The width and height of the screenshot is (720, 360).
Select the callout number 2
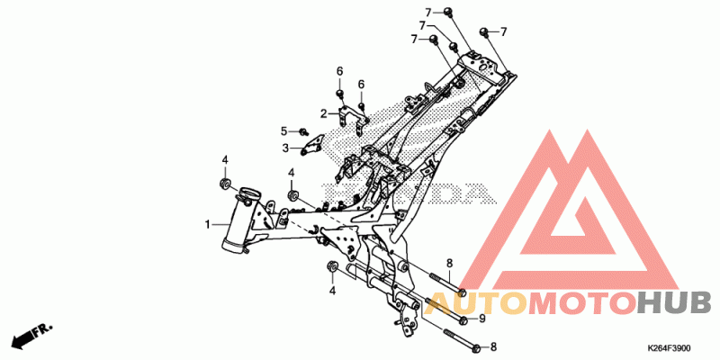(x=323, y=114)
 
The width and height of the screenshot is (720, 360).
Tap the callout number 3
(x=284, y=148)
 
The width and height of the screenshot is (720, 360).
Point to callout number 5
(x=283, y=131)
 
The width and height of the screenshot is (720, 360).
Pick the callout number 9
(x=481, y=319)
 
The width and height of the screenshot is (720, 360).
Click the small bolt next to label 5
(x=304, y=132)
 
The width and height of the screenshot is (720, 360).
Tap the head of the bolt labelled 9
(x=462, y=319)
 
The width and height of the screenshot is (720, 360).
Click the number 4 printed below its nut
(x=332, y=291)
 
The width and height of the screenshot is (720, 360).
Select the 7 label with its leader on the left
(x=504, y=32)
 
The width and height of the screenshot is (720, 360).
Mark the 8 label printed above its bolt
(x=449, y=262)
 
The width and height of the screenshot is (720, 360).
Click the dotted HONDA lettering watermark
(x=450, y=193)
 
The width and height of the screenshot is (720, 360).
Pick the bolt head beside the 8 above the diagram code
(x=472, y=343)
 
